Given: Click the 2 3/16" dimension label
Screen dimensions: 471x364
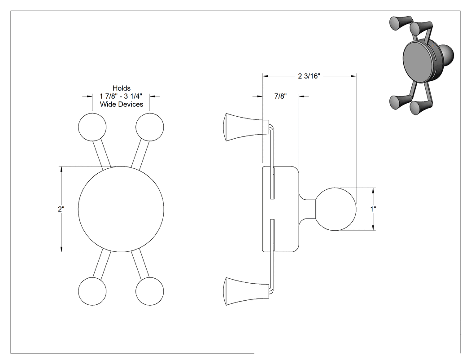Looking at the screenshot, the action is (x=309, y=76).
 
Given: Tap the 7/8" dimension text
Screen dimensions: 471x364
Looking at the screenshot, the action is (x=280, y=96).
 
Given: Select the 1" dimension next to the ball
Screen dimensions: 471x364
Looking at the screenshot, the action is (x=373, y=209).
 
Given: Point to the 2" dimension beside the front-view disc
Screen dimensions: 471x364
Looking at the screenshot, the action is (x=61, y=209).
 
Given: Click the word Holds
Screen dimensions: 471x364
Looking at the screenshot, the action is (x=122, y=88).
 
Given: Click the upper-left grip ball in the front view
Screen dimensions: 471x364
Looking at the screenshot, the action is (x=92, y=127).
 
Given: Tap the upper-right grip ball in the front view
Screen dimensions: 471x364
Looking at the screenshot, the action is (x=149, y=127).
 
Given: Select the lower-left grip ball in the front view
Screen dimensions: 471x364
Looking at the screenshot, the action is (x=92, y=291).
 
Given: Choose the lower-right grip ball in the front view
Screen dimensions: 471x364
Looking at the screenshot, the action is (x=149, y=291).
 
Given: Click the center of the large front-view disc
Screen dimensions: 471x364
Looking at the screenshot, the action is (x=121, y=209).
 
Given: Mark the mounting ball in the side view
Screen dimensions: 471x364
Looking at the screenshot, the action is (x=336, y=209).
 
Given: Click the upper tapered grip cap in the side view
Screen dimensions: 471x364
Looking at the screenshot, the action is (x=246, y=127).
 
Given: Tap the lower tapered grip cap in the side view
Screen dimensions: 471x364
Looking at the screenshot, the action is (x=246, y=291).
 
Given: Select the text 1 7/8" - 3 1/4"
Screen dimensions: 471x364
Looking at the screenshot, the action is (x=121, y=96).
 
